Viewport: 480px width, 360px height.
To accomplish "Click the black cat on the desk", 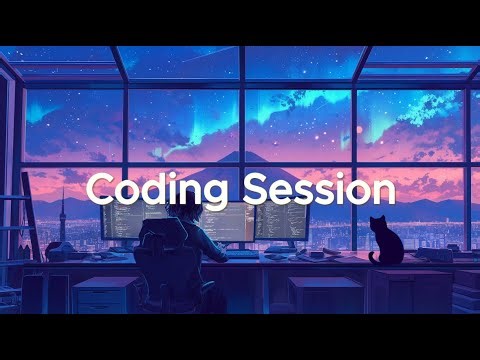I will (x=383, y=243).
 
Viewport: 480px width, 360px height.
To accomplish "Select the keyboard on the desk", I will (x=243, y=254).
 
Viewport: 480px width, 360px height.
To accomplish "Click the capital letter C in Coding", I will (x=99, y=188).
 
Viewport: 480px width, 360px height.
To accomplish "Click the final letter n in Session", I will (x=384, y=190).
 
